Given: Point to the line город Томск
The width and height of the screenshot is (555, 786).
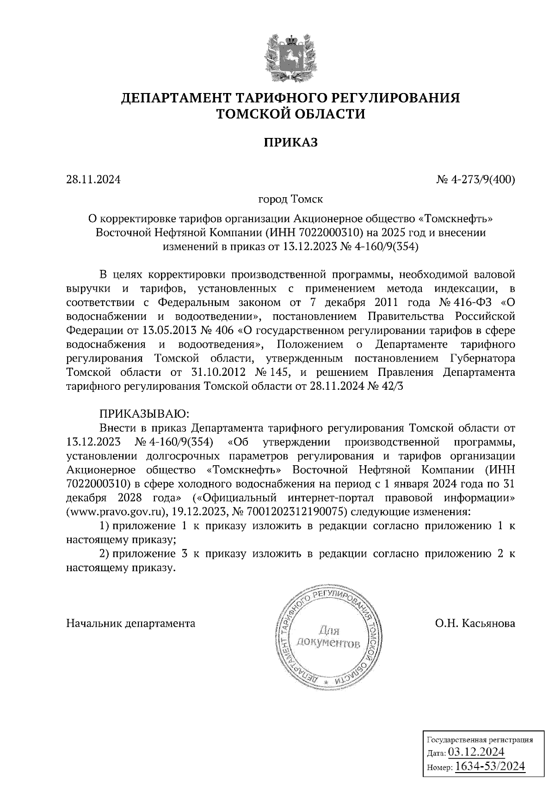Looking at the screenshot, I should (x=290, y=200).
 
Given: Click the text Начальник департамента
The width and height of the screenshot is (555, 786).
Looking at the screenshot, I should (x=131, y=623).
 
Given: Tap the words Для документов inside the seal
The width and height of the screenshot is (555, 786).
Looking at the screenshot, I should (x=328, y=637).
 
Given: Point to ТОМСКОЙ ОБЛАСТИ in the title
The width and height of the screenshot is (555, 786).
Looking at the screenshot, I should (x=290, y=113).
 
